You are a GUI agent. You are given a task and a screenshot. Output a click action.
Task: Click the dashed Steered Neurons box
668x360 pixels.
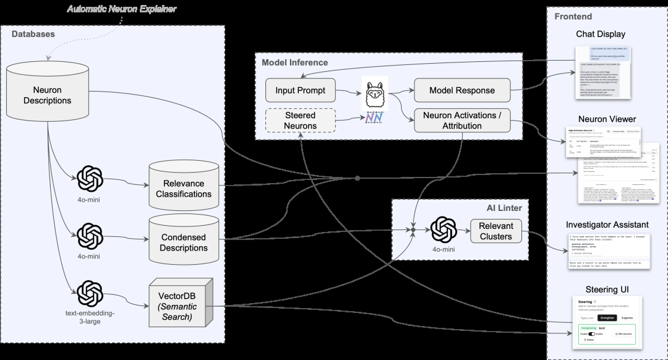coord(300,121)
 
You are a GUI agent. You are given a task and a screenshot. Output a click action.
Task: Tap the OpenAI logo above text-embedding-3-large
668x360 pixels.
coord(91,293)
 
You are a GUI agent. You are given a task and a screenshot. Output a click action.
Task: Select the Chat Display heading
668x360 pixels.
coord(600,34)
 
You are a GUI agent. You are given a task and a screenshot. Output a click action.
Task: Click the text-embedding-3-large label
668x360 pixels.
coord(91,317)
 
